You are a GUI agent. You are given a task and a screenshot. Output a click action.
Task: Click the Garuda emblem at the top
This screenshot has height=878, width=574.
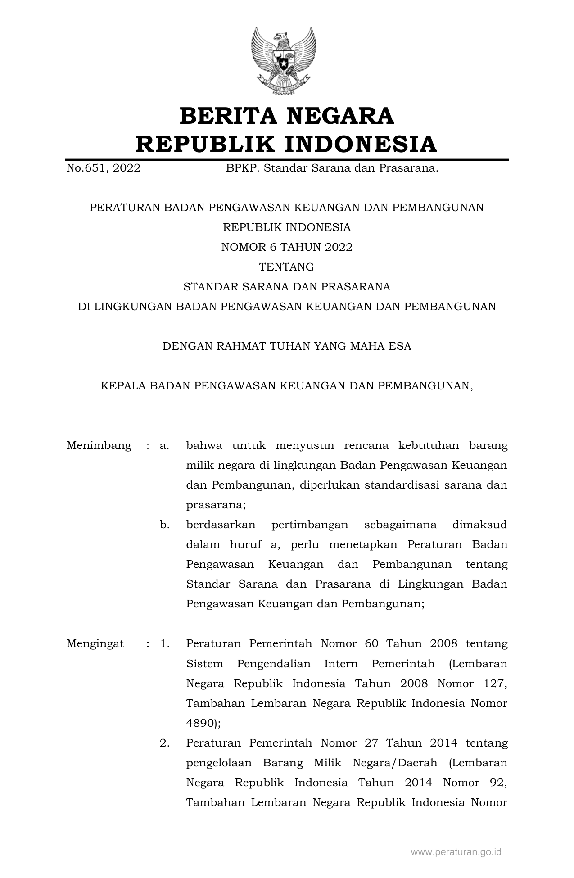coord(283,60)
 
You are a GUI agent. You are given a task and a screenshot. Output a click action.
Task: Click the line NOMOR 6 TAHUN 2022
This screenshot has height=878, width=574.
coord(287,247)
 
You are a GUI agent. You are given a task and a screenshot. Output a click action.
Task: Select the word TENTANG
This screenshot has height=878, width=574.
coord(287,267)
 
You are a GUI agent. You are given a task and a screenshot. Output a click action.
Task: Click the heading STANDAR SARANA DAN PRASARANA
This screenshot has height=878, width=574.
coord(287,287)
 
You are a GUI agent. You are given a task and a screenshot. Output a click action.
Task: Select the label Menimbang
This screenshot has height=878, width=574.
coord(99,445)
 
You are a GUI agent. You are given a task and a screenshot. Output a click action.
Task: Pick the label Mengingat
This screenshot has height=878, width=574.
coord(95,643)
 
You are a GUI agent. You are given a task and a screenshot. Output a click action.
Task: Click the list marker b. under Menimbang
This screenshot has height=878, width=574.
coord(164,525)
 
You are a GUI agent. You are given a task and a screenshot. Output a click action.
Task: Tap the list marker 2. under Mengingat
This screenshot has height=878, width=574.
coord(164,742)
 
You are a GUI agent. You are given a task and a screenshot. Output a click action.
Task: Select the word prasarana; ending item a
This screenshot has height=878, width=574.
coord(216,505)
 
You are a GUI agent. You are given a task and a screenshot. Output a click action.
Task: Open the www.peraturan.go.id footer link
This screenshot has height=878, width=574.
coord(456,851)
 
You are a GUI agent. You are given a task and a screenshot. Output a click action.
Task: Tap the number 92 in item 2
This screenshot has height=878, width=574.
coord(497,783)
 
